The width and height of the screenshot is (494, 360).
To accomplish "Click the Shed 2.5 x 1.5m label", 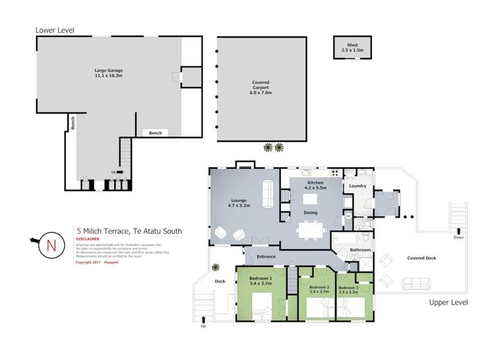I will click(x=350, y=47).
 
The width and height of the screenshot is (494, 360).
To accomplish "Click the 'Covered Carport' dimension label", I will click(x=261, y=88).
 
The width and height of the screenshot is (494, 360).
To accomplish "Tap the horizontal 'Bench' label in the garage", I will click(x=155, y=133).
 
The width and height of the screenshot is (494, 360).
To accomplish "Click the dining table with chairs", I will click(x=310, y=231).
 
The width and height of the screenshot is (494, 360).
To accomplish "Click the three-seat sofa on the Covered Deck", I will click(x=416, y=284).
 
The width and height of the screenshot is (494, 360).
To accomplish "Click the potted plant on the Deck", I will click(x=216, y=267).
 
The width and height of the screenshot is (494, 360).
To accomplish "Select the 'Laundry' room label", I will click(x=358, y=186).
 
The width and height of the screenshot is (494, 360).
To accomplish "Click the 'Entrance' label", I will click(x=265, y=256).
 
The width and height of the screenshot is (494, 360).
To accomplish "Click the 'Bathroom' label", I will click(x=360, y=250).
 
